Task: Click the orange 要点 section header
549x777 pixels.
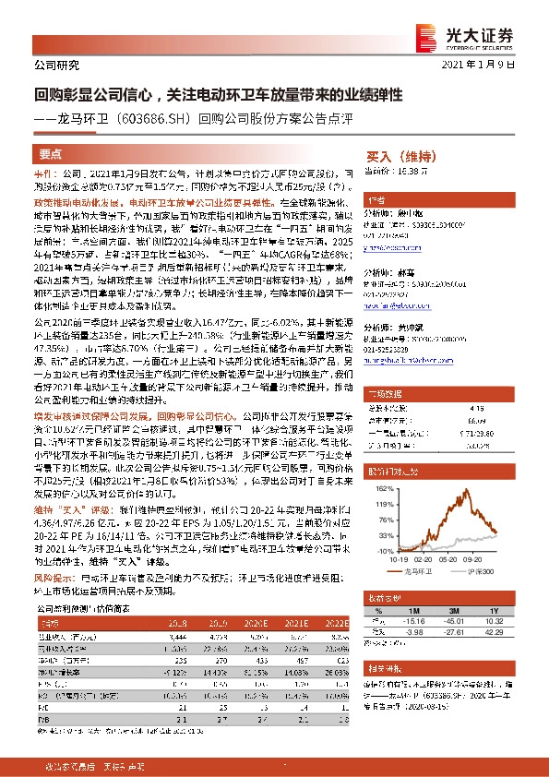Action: coord(52,155)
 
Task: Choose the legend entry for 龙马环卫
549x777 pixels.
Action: coord(416,572)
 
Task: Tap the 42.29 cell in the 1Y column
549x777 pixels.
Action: coord(495,632)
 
